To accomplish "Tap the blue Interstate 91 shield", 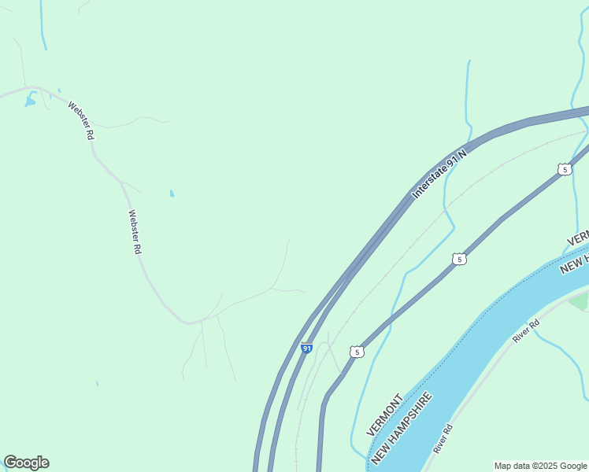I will click(307, 348).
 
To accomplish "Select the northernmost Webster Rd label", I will click(81, 120).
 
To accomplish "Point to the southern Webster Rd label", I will click(135, 231).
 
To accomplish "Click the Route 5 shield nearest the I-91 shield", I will click(357, 352).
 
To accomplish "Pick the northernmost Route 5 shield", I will click(564, 169).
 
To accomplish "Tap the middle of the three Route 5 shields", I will click(460, 259).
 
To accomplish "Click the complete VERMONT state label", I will click(384, 415).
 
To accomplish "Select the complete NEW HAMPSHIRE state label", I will click(402, 428).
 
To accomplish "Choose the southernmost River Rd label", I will click(443, 438).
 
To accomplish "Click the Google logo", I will click(26, 463).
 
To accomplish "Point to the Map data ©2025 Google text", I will click(540, 466).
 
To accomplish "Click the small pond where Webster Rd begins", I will click(30, 101).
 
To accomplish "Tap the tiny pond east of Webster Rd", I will click(172, 194).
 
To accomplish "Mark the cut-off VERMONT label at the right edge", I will click(577, 238).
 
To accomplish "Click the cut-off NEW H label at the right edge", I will click(574, 264).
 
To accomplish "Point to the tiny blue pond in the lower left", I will click(97, 384).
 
